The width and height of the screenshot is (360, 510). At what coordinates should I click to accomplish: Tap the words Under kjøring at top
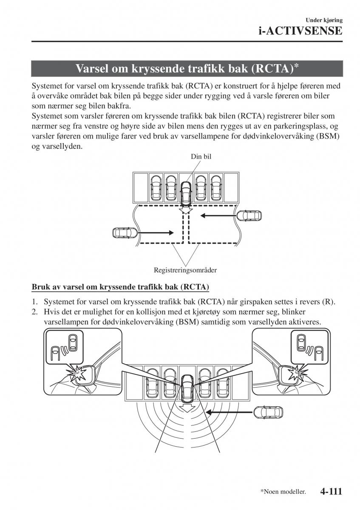pyautogui.click(x=324, y=20)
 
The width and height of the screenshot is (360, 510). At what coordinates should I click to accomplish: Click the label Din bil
pyautogui.click(x=201, y=156)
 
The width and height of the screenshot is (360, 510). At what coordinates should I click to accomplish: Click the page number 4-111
pyautogui.click(x=329, y=492)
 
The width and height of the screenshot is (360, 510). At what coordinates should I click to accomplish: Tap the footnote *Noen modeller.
pyautogui.click(x=283, y=492)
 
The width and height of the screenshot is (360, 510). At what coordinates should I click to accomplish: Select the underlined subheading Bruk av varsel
pyautogui.click(x=120, y=287)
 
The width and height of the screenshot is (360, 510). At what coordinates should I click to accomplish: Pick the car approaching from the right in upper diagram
pyautogui.click(x=249, y=215)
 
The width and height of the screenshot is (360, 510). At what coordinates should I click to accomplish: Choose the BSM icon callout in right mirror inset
pyautogui.click(x=306, y=344)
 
